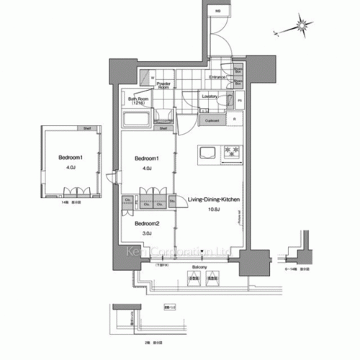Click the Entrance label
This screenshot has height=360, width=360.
(x=217, y=76)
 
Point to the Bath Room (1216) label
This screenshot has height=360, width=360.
(x=138, y=101)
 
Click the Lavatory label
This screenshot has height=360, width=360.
(x=210, y=96)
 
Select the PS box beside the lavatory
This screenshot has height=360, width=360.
(x=240, y=101)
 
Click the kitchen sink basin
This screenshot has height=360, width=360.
(x=207, y=151)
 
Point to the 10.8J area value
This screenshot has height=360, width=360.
(x=214, y=210)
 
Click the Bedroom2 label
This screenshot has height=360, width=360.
(x=146, y=223)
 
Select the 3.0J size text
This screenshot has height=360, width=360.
(x=146, y=233)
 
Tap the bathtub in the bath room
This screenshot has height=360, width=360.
(x=136, y=119)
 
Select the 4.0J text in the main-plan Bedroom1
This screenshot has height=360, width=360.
(x=146, y=168)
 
